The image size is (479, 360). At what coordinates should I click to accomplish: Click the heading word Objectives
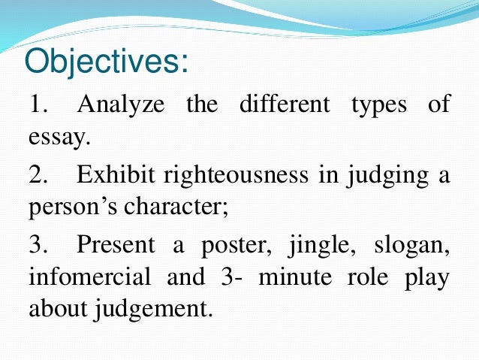(x=105, y=61)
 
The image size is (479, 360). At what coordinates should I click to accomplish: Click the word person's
(x=74, y=209)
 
